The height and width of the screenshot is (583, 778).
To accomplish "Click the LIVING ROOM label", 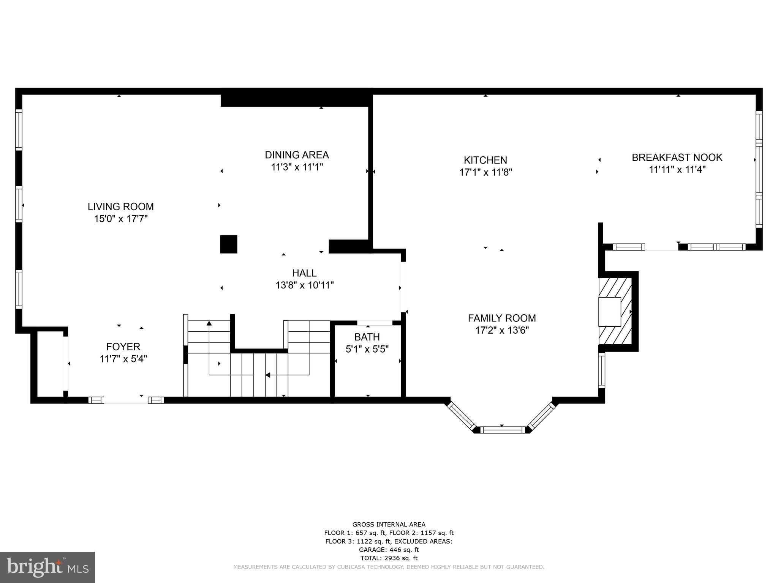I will pos(120,206).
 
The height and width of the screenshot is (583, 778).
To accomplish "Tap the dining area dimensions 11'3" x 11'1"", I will pos(297,167).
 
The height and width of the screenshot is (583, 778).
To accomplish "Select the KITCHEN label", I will pos(485,160).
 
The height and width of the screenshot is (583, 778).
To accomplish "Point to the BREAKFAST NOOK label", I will pos(677,157).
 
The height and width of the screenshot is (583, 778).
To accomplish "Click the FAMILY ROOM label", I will pos(501,318).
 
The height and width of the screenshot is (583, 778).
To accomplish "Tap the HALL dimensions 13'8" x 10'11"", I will pos(304,285).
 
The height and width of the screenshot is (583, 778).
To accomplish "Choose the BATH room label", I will pos(367,337).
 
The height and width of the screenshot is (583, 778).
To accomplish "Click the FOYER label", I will pos(123,347).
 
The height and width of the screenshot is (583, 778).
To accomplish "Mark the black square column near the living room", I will pos(229,244).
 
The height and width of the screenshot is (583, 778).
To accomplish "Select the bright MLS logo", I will pos(47,567).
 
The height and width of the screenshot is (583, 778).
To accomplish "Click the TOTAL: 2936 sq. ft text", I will pos(389,558).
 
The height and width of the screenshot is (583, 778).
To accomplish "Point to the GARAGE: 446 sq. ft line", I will pos(389,550).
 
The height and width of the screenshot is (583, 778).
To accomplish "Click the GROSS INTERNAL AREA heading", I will pos(389,525).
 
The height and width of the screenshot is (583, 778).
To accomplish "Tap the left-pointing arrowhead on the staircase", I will pos(267,375).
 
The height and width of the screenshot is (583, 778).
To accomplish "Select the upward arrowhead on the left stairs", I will pos(209,323).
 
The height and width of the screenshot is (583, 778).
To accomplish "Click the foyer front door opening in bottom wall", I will pos(125,400).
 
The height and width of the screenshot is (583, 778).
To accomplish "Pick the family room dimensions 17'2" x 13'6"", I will pos(501,330).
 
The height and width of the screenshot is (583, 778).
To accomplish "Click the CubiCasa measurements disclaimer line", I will pos(389,567).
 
